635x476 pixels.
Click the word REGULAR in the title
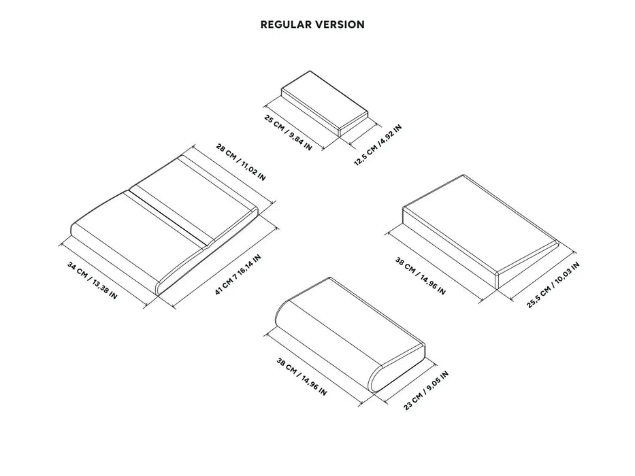click(286, 24)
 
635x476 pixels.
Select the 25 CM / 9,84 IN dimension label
click(288, 133)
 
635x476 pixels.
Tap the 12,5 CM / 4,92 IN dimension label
click(378, 145)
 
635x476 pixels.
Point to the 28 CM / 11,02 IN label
click(240, 162)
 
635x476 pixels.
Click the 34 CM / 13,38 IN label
click(92, 280)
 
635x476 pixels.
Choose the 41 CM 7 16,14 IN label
click(238, 275)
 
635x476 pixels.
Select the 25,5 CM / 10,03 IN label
click(553, 285)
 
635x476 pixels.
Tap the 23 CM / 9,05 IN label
click(426, 390)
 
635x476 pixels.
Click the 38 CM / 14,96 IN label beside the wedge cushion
click(420, 276)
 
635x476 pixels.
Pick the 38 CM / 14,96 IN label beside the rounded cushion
click(302, 377)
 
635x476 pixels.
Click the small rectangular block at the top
click(325, 103)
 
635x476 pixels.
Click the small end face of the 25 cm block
click(353, 126)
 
